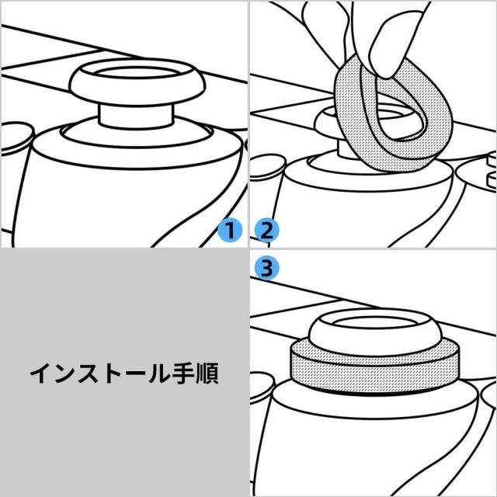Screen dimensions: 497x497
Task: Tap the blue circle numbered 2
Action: (266, 231)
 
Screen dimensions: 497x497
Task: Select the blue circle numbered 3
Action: (266, 269)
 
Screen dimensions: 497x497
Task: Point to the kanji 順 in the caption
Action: (206, 374)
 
